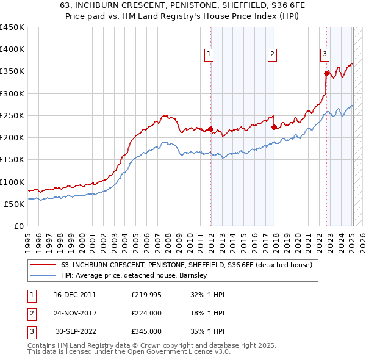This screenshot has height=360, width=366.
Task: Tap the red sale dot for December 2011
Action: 210,129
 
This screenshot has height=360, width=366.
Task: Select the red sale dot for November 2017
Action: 273,128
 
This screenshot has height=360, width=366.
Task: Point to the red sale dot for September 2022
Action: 326,74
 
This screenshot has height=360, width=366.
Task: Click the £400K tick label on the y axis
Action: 12,49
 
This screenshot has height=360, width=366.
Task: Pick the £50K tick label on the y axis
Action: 15,204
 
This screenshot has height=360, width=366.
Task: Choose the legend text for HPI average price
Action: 135,275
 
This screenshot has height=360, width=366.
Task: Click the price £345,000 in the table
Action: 146,331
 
